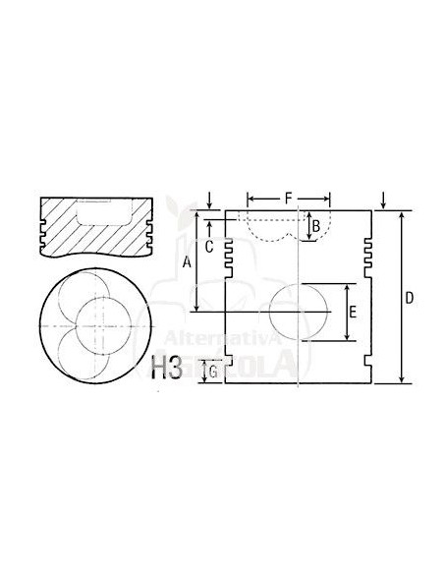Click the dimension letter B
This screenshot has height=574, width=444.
tap(316, 228)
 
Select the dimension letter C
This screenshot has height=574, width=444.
tap(208, 247)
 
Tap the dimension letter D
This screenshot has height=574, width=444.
tap(410, 297)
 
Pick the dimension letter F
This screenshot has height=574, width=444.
tap(288, 199)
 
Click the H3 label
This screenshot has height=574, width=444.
tap(166, 369)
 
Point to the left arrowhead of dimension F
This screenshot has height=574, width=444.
tap(250, 198)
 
